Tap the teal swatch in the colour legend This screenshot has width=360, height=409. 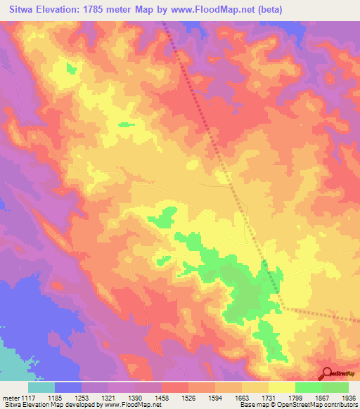[x=41, y=387]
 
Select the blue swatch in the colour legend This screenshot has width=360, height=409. [x=68, y=387]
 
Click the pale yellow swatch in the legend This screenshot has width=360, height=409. [x=282, y=387]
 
